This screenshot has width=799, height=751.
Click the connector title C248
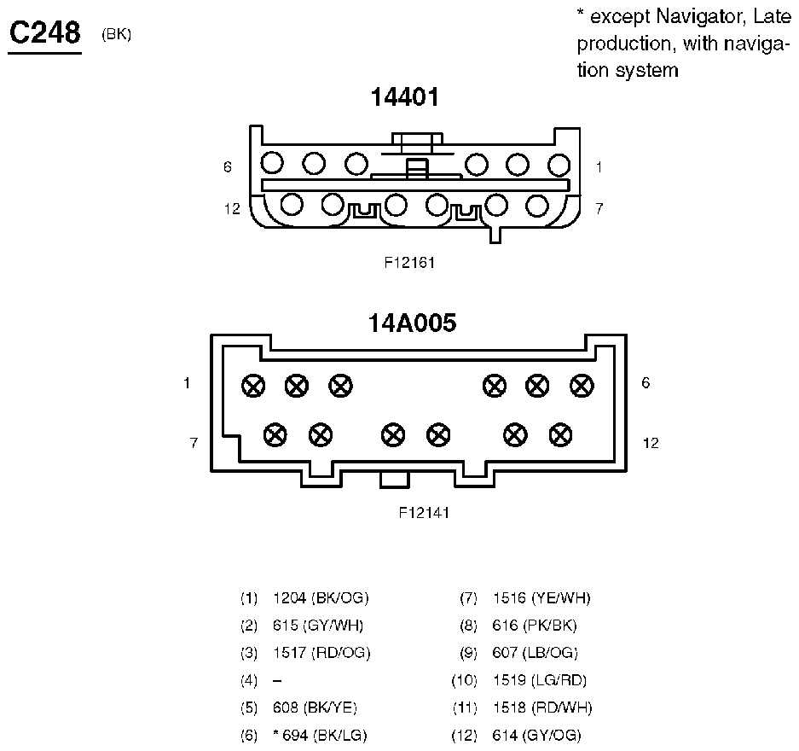(45, 32)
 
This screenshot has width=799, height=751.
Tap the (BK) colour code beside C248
(116, 34)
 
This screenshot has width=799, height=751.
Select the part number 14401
(404, 97)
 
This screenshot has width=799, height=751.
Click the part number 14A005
(412, 323)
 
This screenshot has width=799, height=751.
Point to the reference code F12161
(409, 263)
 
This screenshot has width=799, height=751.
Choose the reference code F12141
(424, 512)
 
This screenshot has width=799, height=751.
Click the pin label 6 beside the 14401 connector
(228, 166)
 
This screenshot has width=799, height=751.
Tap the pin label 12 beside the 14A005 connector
(651, 443)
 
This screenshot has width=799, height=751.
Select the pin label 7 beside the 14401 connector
(599, 208)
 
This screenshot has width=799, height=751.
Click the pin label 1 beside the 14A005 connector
(187, 382)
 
